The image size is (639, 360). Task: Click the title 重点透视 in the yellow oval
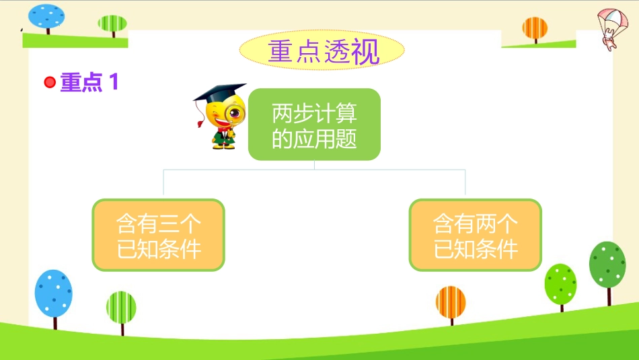click(324, 51)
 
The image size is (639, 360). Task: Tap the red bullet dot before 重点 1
click(50, 82)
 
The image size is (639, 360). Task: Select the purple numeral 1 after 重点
click(114, 81)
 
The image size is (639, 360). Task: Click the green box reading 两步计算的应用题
click(314, 124)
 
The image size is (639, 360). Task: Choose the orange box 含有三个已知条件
click(159, 235)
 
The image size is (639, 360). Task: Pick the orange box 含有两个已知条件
click(475, 235)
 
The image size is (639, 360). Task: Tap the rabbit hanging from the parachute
click(609, 41)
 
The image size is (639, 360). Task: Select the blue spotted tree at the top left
click(46, 18)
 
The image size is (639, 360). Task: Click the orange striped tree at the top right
click(535, 30)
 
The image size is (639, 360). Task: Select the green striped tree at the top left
click(112, 26)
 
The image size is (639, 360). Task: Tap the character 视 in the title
click(366, 51)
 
